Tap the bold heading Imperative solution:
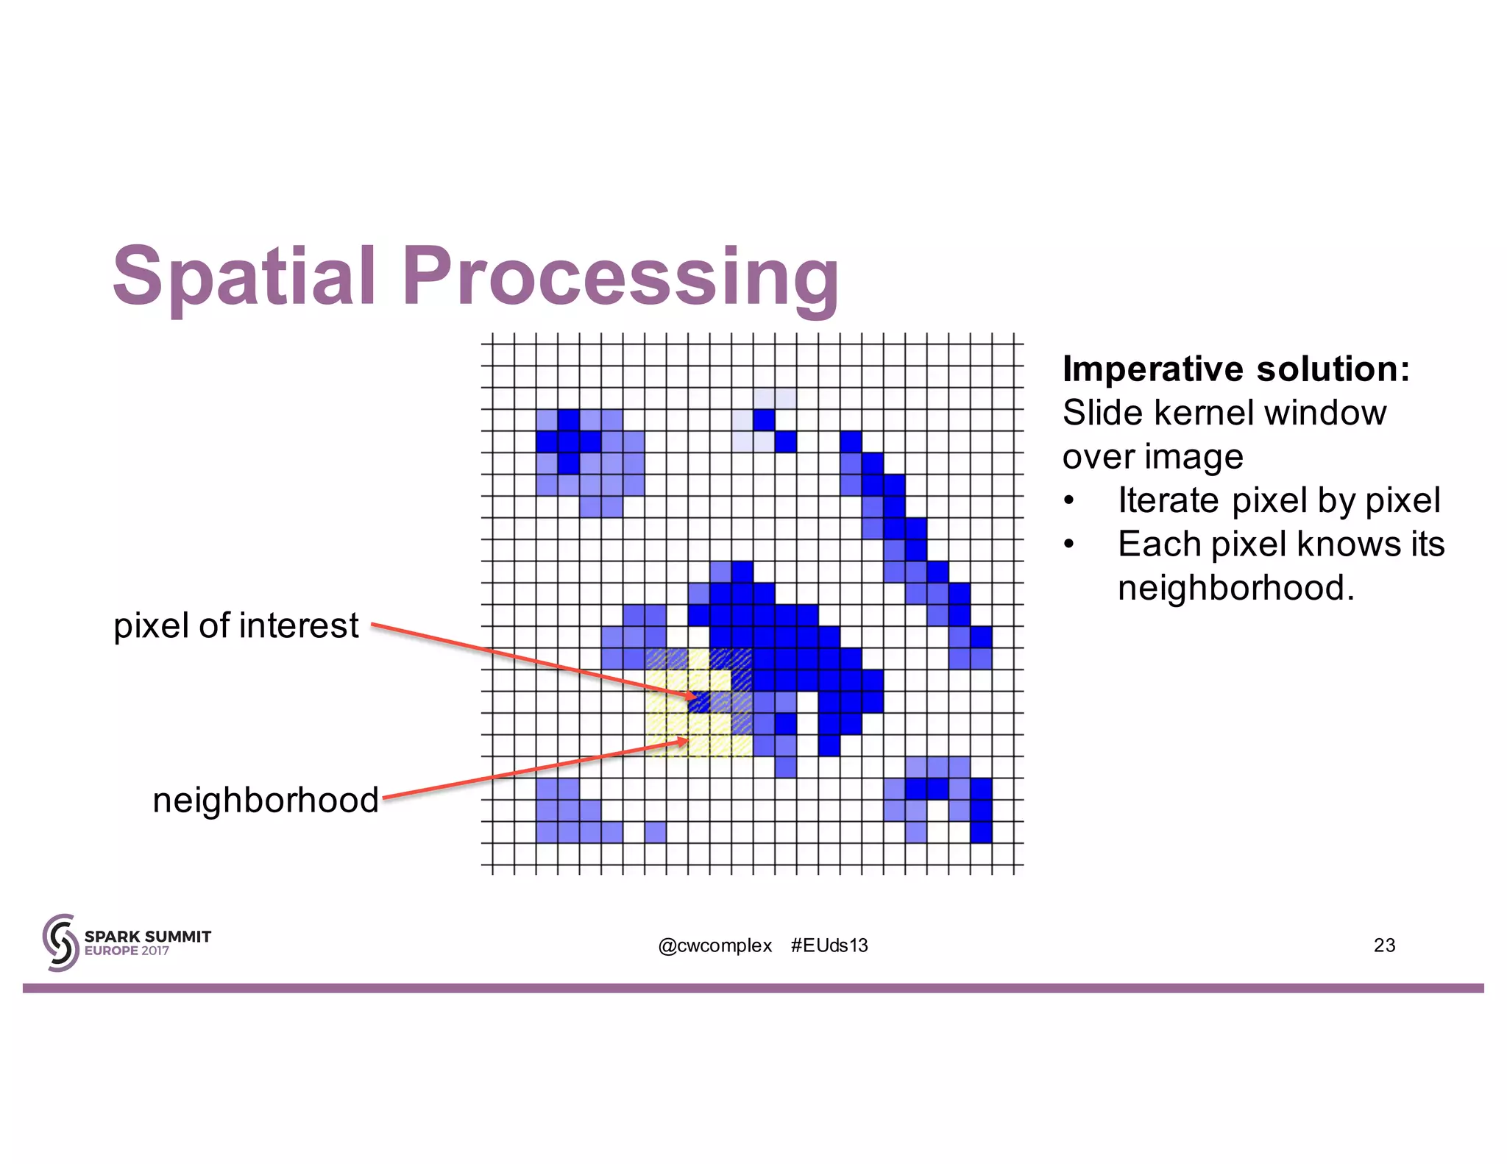click(1235, 369)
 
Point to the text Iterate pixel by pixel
click(1278, 500)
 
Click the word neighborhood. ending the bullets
click(1235, 588)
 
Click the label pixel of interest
click(235, 626)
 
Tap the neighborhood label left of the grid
click(265, 800)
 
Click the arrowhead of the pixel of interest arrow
click(692, 696)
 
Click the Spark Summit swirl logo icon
click(60, 943)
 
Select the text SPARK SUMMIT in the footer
click(147, 936)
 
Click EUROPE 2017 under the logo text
click(127, 951)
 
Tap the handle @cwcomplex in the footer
click(715, 945)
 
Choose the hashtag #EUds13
click(829, 945)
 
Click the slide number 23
click(1384, 945)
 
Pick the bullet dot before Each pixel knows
click(1069, 545)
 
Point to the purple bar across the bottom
click(753, 988)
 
